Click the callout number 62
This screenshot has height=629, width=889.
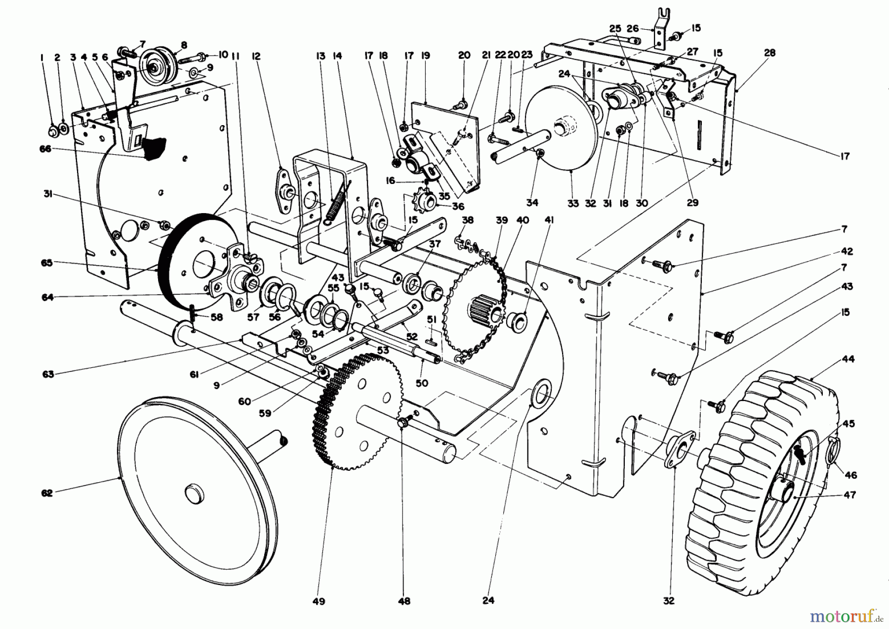coord(46,493)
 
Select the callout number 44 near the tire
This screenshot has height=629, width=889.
coord(849,359)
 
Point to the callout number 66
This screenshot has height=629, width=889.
coord(46,149)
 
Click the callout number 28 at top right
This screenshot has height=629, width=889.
coord(769,53)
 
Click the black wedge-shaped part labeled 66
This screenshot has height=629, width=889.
coord(153,147)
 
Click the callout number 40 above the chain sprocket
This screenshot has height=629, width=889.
coord(523,221)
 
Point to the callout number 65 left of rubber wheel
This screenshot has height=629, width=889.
coord(46,263)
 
